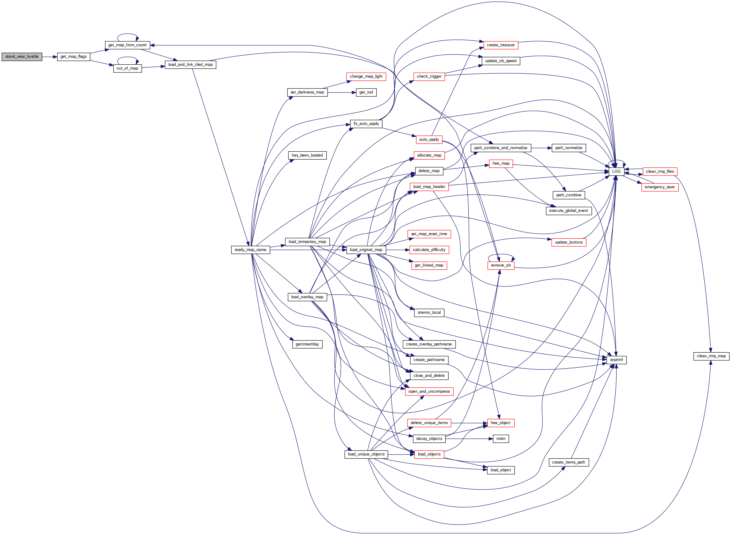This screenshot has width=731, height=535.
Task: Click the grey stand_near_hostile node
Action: [x=22, y=57]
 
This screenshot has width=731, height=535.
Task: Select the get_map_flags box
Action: [x=74, y=57]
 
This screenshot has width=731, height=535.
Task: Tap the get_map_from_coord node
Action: [x=127, y=45]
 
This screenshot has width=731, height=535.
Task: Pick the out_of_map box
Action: [x=127, y=68]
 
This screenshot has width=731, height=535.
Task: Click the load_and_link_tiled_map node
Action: [x=191, y=64]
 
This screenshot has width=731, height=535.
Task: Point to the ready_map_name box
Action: [x=251, y=250]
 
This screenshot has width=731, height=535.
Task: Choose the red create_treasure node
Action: [x=500, y=45]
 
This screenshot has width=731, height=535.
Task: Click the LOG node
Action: [x=616, y=171]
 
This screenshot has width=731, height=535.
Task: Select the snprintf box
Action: [x=616, y=360]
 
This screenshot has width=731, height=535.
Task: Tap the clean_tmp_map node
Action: [x=711, y=356]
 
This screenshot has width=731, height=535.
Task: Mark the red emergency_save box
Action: [x=660, y=187]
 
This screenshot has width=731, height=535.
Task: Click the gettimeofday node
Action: [x=307, y=344]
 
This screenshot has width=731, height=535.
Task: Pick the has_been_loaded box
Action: [x=307, y=155]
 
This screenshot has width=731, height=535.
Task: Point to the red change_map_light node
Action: [x=366, y=76]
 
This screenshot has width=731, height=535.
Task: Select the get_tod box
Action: [x=366, y=92]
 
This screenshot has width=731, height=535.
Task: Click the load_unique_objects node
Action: [x=366, y=454]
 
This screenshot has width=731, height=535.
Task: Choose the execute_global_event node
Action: [x=568, y=211]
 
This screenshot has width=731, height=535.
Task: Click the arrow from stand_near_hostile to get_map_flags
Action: [x=49, y=57]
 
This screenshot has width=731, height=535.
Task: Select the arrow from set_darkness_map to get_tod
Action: [x=342, y=92]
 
